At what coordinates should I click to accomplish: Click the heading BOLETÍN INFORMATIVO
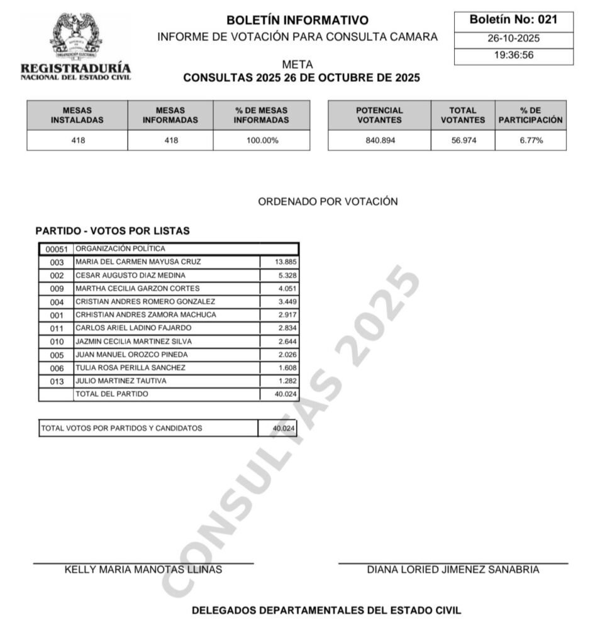click(297, 20)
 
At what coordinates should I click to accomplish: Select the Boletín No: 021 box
click(513, 19)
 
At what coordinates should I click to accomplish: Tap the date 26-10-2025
click(513, 38)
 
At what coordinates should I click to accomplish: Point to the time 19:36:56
click(513, 55)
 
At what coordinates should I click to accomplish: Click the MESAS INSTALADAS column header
click(77, 115)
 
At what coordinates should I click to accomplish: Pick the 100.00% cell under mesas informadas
click(262, 141)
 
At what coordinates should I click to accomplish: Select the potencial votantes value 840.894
click(379, 141)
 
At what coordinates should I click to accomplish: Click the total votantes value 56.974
click(463, 141)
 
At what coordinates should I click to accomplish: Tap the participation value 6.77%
click(531, 141)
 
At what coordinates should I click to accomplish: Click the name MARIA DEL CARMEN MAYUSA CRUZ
click(147, 262)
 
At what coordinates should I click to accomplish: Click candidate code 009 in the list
click(57, 289)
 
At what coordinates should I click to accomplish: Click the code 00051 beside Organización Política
click(57, 249)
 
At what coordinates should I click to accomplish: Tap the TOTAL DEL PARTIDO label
click(112, 394)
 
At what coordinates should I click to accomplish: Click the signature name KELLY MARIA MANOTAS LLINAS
click(143, 570)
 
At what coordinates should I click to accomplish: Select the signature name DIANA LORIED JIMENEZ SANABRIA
click(453, 570)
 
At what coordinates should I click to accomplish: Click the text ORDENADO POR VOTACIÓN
click(328, 201)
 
